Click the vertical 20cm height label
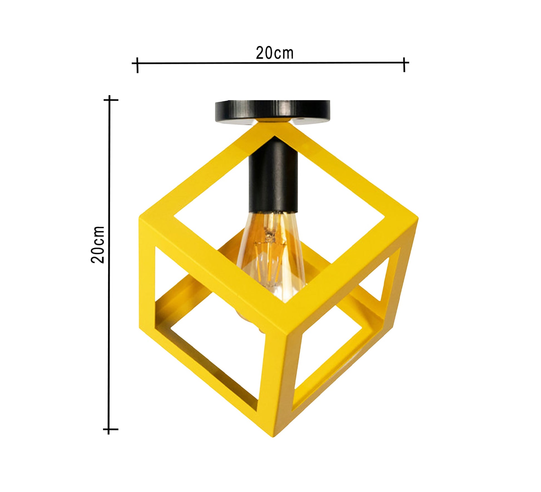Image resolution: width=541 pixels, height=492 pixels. [98, 244]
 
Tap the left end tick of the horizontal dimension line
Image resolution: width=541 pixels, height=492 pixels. [137, 65]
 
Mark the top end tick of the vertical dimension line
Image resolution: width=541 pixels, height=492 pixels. [110, 100]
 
